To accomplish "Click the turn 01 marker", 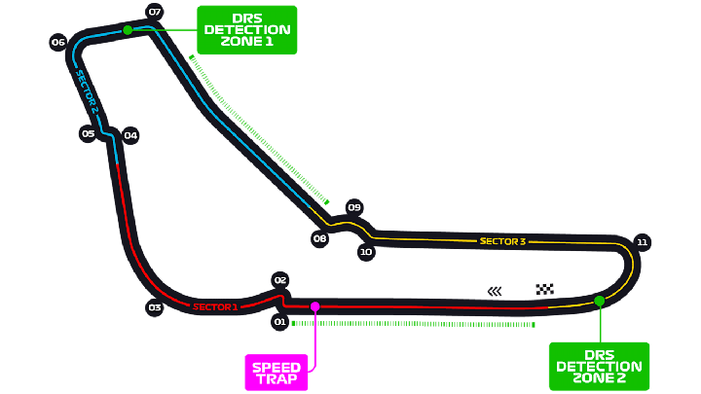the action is pos(279,322).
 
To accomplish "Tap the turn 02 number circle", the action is pos(280,280).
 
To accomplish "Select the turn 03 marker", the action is pos(155,307).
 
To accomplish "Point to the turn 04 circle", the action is pos(130,135).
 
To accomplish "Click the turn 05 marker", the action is pos(88,133).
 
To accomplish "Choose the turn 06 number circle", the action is pos(58,43).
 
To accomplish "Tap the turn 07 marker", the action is pos(155,12).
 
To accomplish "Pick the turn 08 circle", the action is pos(319,238).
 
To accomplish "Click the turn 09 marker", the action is pos(354,207).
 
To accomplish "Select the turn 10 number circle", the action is pos(366,252).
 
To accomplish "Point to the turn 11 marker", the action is pos(642,242).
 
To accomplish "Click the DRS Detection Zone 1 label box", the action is pos(246,30).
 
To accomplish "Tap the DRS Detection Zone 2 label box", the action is pos(599,367).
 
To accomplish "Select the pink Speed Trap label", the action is pos(277,373).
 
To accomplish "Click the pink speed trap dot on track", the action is pos(315,306).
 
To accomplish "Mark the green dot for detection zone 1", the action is pos(128,30).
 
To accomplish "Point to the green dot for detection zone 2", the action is pos(600,301).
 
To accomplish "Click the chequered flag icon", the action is pos(545,289).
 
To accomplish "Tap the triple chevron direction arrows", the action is pos(495,291).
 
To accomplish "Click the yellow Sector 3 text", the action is pos(502,241).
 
